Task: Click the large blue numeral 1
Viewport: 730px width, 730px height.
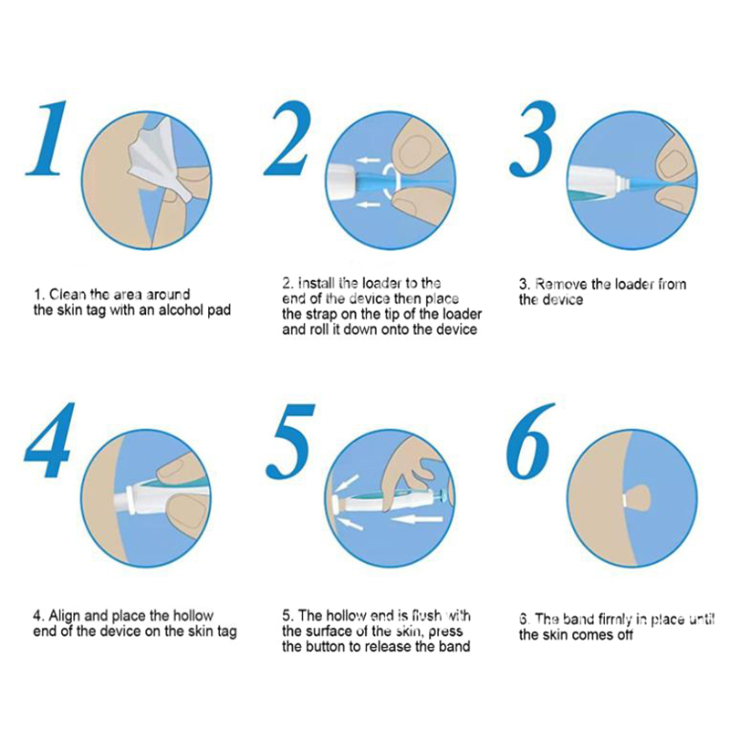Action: tap(47, 139)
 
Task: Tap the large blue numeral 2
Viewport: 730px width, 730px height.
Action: tap(287, 139)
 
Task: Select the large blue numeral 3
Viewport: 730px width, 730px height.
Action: tap(533, 140)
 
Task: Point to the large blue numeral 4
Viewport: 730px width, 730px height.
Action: tap(50, 440)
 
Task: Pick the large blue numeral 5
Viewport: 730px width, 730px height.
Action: tap(290, 442)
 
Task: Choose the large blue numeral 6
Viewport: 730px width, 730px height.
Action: tap(530, 442)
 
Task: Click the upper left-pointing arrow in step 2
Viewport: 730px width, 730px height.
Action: tap(369, 161)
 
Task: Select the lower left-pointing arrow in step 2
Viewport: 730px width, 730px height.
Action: tap(369, 204)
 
